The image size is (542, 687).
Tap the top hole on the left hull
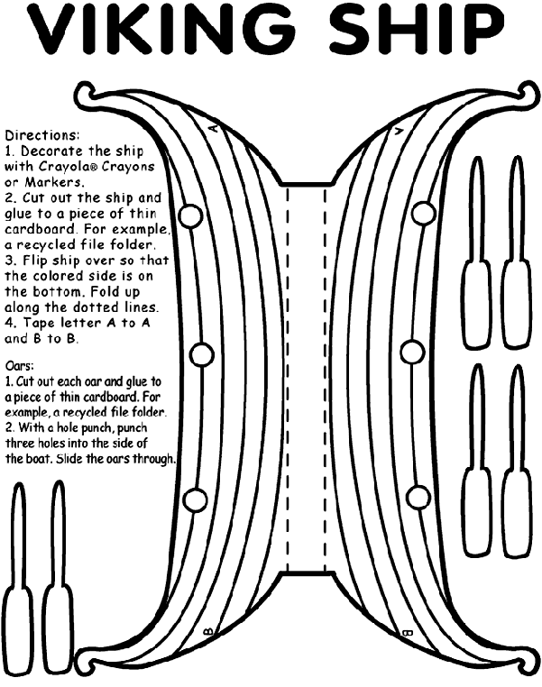pos(190,215)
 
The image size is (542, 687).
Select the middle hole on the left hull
pos(202,354)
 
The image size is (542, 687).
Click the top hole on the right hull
pos(424,213)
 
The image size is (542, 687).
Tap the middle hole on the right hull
pos(412,352)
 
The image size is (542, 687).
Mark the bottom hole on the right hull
pos(418,497)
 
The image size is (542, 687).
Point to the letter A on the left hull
pos(213,127)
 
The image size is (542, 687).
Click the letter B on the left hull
pos(209,631)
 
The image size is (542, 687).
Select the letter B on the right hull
pos(408,633)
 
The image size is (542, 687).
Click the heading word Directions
pos(42,134)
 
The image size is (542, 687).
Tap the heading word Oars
pos(19,365)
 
